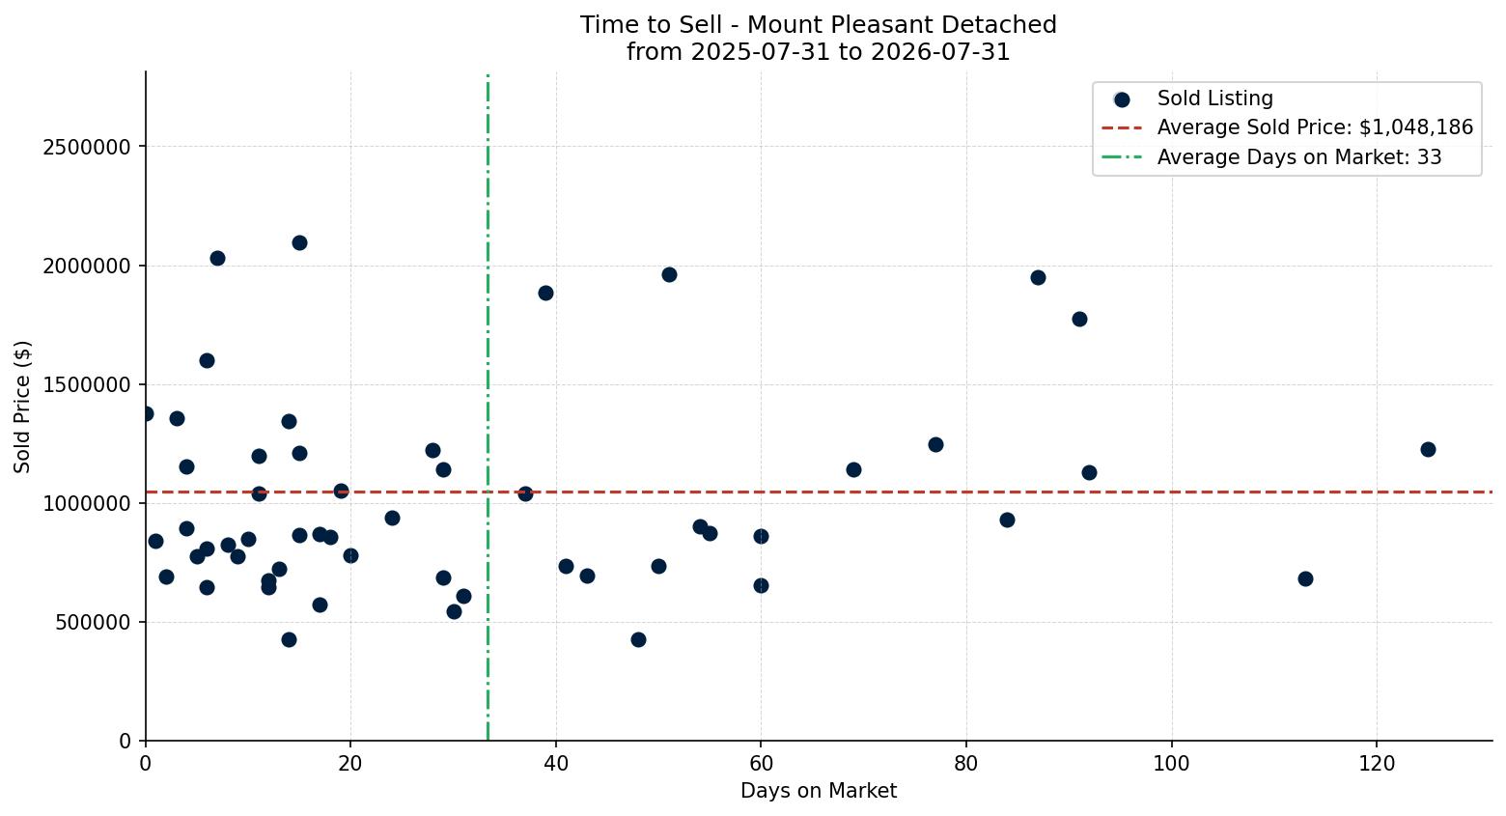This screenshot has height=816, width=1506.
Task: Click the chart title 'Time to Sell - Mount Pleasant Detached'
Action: tap(819, 25)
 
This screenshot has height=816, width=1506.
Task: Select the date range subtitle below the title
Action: tap(819, 52)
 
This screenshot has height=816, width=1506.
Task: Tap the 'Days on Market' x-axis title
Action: tap(819, 791)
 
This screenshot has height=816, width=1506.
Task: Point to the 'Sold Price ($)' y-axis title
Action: tap(22, 407)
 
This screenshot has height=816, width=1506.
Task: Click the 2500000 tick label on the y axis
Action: tap(87, 147)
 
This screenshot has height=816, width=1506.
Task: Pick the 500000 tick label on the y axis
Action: tap(93, 622)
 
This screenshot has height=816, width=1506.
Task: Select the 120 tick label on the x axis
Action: tap(1377, 764)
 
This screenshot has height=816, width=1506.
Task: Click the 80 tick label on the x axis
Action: tap(966, 764)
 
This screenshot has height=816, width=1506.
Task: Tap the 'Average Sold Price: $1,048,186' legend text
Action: tap(1315, 127)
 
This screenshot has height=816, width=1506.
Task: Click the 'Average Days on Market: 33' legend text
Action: tap(1299, 156)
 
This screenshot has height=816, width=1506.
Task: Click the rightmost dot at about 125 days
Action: tap(1428, 449)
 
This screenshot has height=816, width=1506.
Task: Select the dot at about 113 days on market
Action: tap(1305, 578)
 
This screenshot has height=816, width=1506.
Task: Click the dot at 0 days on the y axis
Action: tap(146, 413)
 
